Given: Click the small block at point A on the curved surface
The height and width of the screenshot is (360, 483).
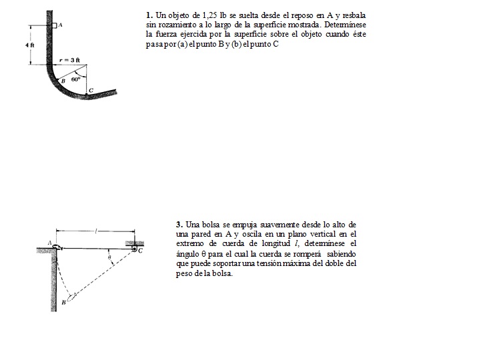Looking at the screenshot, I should pyautogui.click(x=54, y=25).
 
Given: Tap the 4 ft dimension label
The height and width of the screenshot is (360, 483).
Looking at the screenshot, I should pyautogui.click(x=30, y=45).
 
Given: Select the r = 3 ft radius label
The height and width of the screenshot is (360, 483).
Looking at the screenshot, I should pyautogui.click(x=69, y=60).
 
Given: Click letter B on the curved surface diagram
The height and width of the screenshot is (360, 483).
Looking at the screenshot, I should pyautogui.click(x=63, y=80).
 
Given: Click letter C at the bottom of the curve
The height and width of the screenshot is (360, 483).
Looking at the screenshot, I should pyautogui.click(x=90, y=90).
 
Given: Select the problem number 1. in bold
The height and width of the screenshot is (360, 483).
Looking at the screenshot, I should pyautogui.click(x=149, y=15).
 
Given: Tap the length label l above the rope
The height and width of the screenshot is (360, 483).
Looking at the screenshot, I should pyautogui.click(x=97, y=231).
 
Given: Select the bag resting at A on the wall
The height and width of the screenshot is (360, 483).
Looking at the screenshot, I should pyautogui.click(x=57, y=247).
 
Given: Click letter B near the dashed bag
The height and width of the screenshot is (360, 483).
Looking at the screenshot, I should pyautogui.click(x=63, y=302).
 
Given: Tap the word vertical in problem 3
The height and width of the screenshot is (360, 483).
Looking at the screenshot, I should pyautogui.click(x=323, y=234).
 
